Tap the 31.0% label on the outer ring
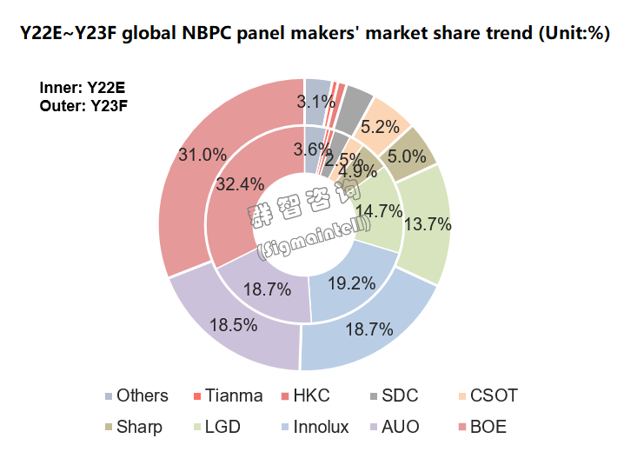(202, 155)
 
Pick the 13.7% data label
(428, 224)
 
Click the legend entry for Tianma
(227, 396)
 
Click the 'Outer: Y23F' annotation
(83, 106)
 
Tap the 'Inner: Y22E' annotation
(82, 88)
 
